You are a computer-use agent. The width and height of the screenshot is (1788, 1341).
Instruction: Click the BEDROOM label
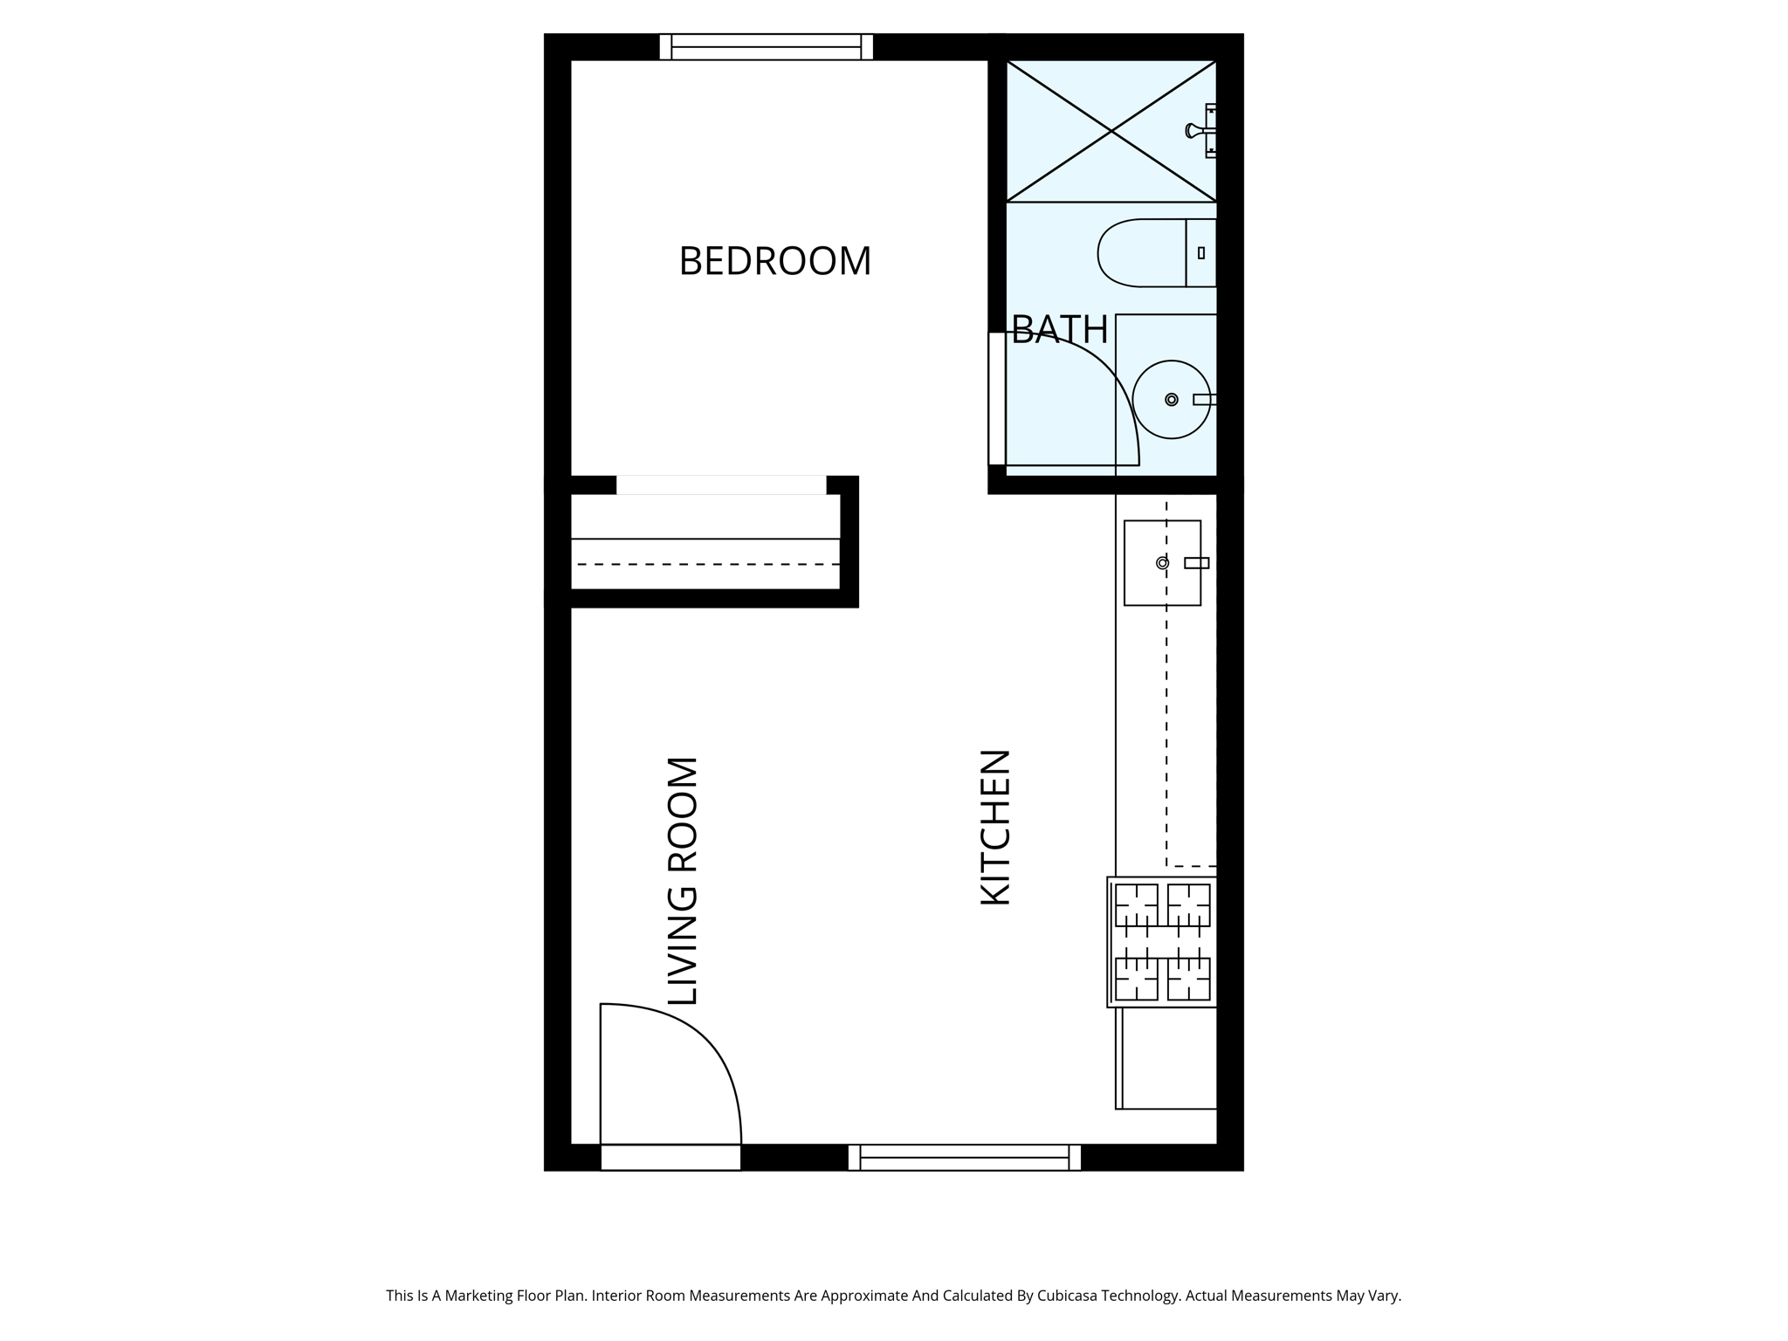click(774, 261)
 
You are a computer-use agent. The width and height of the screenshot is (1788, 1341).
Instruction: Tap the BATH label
click(1059, 330)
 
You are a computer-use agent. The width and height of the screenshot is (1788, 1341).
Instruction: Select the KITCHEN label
click(995, 827)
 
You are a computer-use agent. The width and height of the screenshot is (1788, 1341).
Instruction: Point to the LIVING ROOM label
click(683, 881)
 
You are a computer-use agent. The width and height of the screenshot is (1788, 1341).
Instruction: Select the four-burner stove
click(1163, 942)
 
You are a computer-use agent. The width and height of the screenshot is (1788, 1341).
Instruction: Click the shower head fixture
click(1193, 131)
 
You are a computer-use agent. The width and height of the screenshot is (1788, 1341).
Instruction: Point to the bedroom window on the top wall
click(766, 47)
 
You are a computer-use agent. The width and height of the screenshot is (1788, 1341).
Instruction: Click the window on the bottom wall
click(964, 1158)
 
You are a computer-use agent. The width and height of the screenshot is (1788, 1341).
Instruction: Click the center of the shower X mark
click(1111, 131)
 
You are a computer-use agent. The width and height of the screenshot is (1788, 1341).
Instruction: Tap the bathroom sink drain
click(1172, 400)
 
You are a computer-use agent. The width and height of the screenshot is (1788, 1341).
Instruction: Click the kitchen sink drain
click(1162, 563)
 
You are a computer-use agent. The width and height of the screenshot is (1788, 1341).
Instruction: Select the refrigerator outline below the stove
click(1167, 1058)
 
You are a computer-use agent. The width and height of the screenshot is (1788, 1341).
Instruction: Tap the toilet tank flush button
click(1201, 253)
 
